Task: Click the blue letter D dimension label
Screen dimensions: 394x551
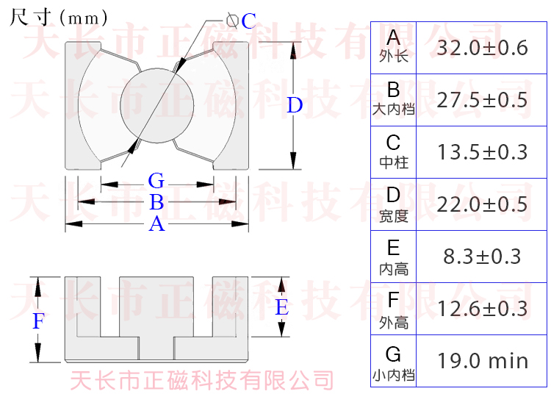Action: point(295,106)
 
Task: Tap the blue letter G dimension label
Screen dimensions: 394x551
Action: point(156,181)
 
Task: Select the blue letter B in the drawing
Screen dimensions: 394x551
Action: point(156,203)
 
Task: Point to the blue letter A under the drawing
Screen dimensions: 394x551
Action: point(156,224)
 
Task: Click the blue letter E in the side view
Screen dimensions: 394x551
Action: point(282,307)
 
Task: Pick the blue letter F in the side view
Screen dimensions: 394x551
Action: point(40,321)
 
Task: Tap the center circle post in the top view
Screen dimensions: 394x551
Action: point(156,105)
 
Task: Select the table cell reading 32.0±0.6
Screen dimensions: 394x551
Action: point(482,48)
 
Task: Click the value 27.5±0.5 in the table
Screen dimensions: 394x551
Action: point(482,100)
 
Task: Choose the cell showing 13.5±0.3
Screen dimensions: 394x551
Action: point(482,152)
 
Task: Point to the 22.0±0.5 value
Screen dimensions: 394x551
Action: point(482,204)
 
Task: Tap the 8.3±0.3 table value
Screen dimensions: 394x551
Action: point(482,256)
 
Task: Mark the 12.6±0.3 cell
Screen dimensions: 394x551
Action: point(482,308)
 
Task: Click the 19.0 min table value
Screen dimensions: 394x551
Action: point(482,361)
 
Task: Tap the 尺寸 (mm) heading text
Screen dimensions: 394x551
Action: point(59,17)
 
